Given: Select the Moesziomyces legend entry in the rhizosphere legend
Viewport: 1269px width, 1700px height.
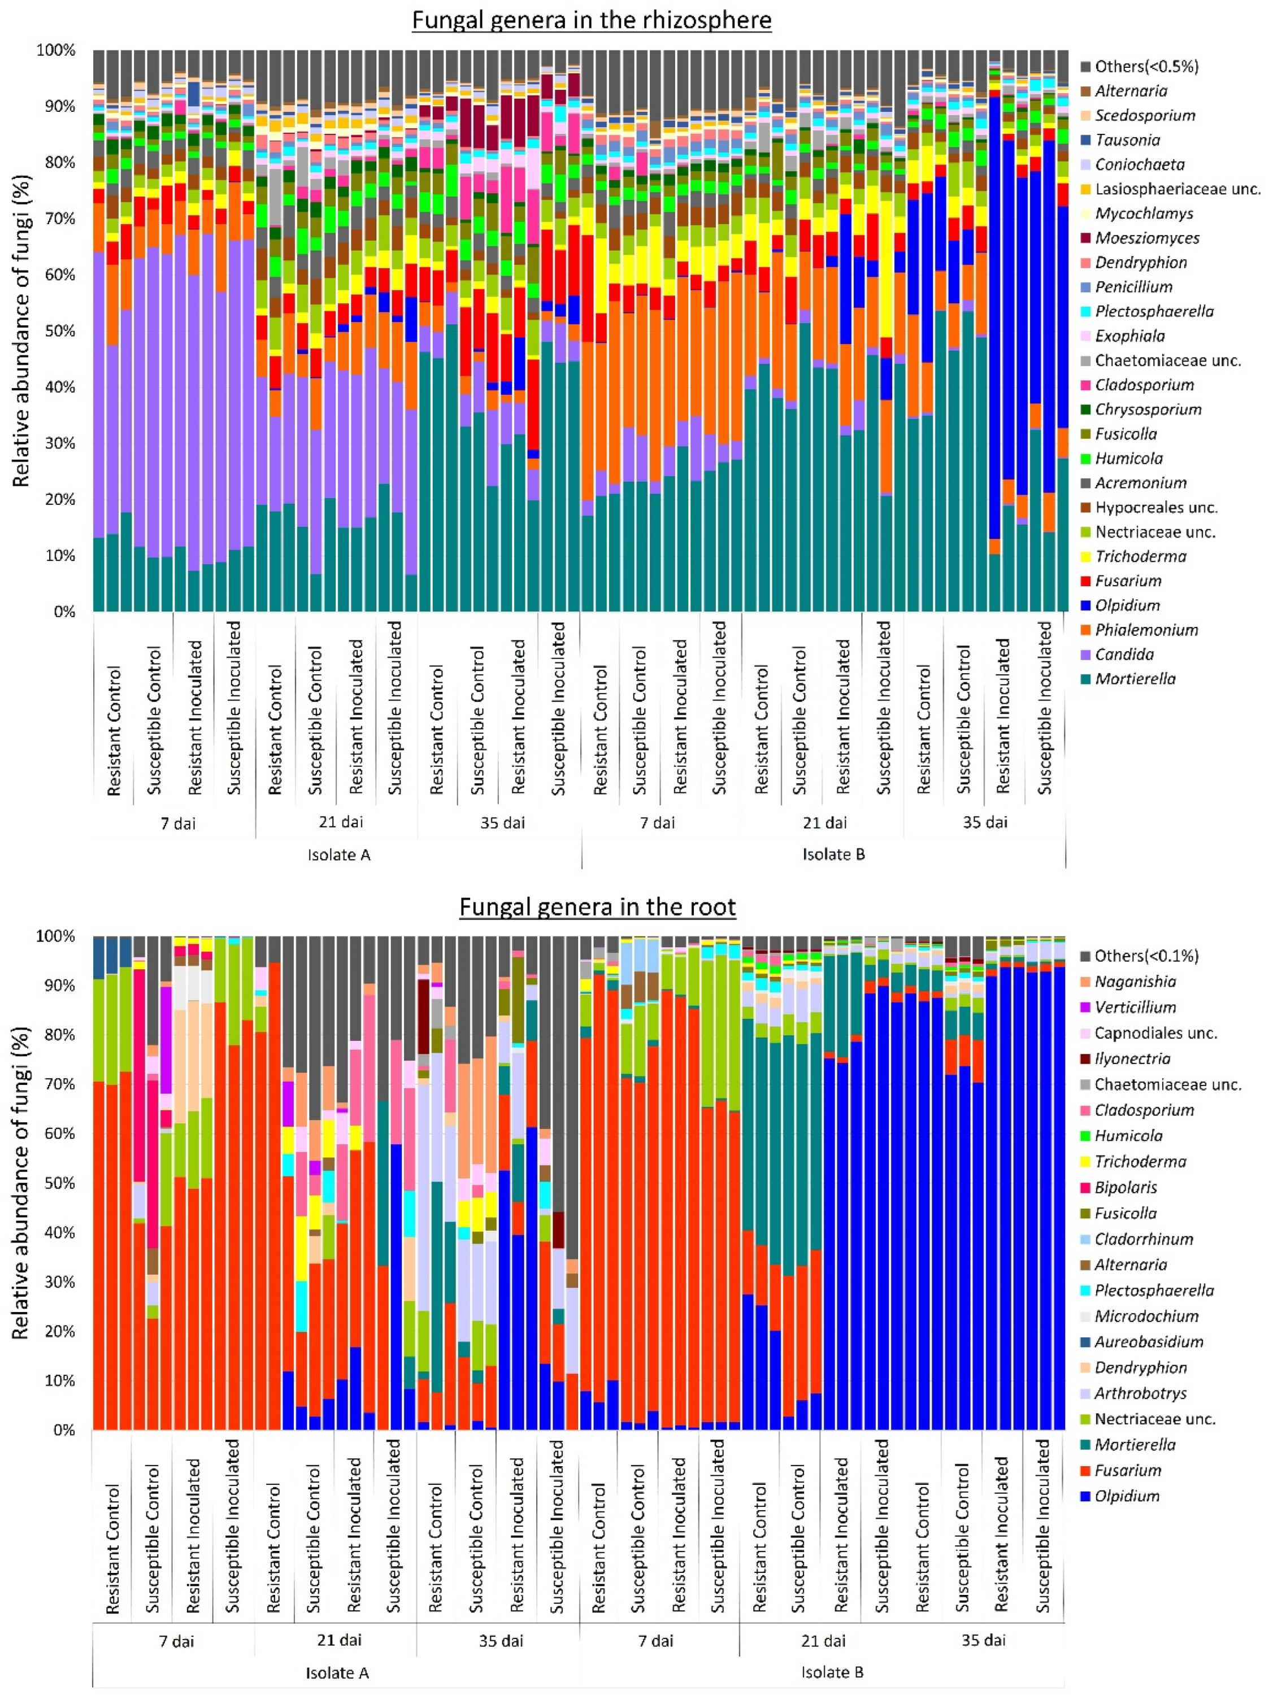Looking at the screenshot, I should point(1146,238).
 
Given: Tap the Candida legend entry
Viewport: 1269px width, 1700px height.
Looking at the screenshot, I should point(1124,654).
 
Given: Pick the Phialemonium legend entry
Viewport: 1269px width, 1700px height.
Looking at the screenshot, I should point(1146,630).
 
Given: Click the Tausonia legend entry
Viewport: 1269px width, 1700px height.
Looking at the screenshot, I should point(1127,140).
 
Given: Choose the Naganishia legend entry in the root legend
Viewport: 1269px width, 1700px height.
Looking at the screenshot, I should point(1135,981).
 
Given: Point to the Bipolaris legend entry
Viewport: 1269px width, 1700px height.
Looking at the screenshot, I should point(1125,1187).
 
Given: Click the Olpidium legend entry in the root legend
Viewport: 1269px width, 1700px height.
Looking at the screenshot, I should point(1127,1496).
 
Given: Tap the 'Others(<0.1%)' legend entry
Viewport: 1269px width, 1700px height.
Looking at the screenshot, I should point(1146,956).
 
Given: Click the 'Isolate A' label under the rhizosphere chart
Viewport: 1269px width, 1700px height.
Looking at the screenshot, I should point(339,855).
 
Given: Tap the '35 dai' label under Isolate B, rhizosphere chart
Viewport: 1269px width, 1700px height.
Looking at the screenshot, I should point(985,822).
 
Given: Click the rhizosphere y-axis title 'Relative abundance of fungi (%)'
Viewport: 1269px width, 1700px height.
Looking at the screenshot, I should point(21,330).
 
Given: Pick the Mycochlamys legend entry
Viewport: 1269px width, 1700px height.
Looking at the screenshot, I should point(1144,213).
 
